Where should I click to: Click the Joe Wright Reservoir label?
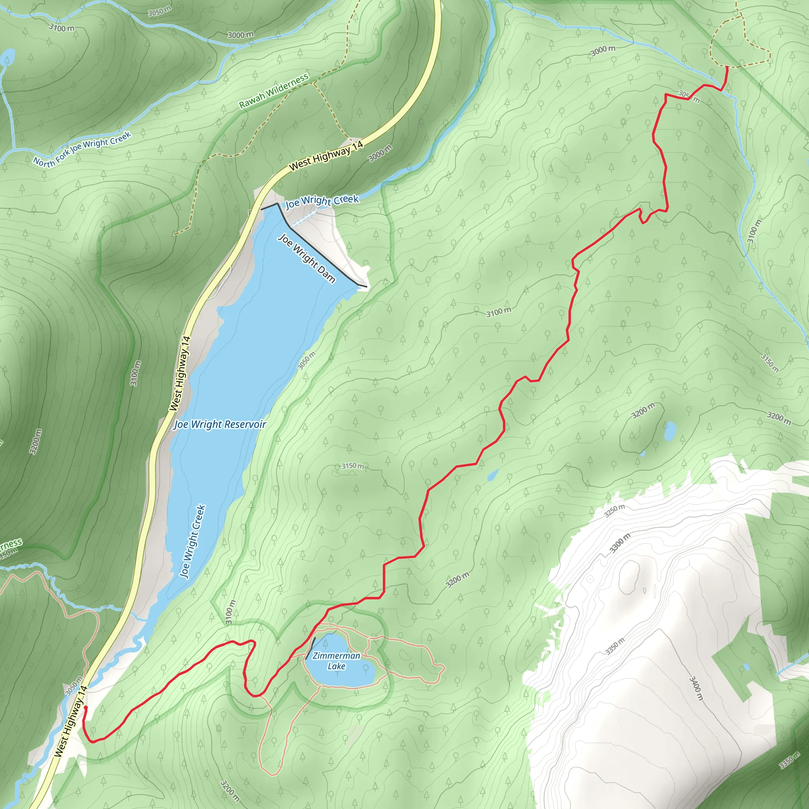point(220,425)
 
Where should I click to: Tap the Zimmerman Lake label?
point(336,661)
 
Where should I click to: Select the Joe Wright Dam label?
point(307,258)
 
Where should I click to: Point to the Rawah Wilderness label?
point(274,90)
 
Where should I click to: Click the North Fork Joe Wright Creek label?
point(82,149)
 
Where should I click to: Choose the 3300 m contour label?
point(620,543)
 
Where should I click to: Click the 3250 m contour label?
point(614,510)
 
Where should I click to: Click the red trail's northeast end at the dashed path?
point(726,67)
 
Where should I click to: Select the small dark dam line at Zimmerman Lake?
point(310,649)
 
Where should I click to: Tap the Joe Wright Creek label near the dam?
point(322,201)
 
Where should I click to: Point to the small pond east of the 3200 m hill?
point(670,431)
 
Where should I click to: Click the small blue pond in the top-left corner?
point(8,57)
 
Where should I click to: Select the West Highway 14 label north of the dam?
point(326,156)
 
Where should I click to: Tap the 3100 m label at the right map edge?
point(754,231)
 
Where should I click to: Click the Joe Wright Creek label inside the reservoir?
point(192,541)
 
